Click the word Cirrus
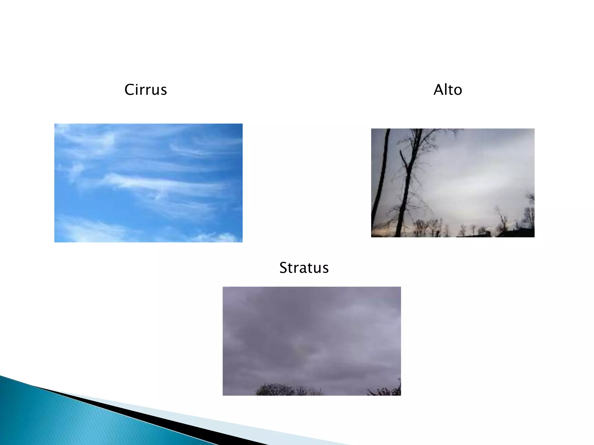tap(146, 90)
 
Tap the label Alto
tap(448, 90)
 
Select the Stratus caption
tap(304, 267)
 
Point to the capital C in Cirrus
tap(129, 90)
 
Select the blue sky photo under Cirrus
tap(148, 183)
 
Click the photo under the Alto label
tap(452, 183)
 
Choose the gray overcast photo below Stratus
tap(312, 341)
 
